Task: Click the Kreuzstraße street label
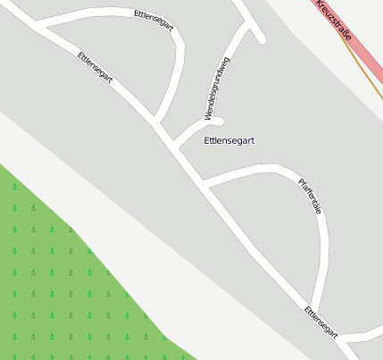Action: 335,23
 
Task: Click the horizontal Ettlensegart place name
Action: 229,141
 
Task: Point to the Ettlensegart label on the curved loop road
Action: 153,21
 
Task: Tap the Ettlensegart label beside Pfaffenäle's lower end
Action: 321,322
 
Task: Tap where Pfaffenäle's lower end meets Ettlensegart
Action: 314,309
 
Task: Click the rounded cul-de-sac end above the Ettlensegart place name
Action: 218,121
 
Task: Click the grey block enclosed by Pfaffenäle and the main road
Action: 268,232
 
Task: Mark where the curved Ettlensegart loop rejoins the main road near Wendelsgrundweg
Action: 156,122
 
